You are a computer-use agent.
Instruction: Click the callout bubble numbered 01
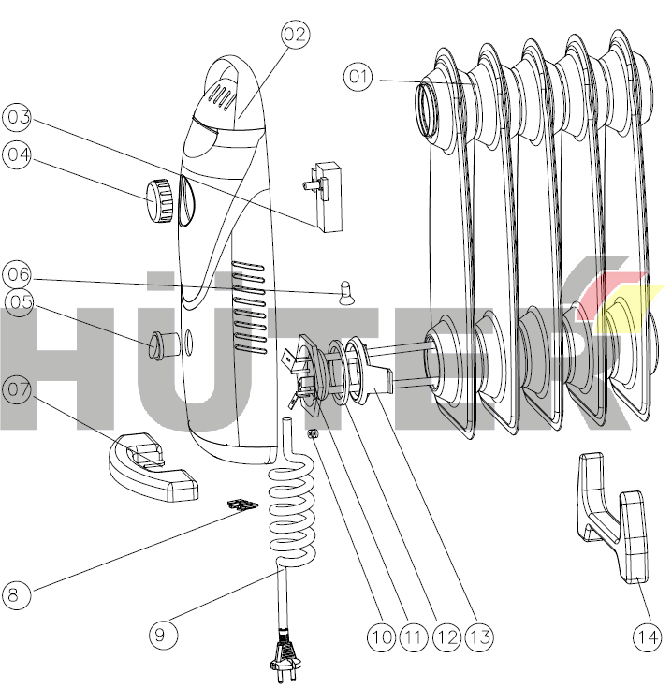tap(358, 77)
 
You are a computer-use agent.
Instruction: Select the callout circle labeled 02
tap(295, 35)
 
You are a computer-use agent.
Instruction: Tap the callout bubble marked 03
tap(17, 118)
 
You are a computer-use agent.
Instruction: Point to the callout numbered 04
tap(17, 154)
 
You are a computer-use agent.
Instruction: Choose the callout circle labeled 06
tap(17, 274)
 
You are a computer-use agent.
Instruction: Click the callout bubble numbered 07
tap(17, 389)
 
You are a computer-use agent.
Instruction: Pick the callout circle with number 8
tap(16, 594)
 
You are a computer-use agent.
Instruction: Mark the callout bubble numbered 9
tap(163, 635)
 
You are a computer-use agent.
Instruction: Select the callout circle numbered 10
tap(381, 637)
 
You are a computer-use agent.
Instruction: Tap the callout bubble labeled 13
tap(479, 637)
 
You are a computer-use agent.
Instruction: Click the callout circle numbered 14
tap(647, 637)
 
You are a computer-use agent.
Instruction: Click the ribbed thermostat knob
tap(158, 201)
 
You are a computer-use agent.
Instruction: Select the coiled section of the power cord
tap(291, 512)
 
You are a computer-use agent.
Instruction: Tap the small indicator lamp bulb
tap(346, 293)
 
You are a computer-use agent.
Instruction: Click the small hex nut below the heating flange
tap(314, 434)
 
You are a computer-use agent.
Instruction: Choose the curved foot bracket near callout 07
tap(153, 467)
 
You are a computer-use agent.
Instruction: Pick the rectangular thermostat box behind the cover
tap(325, 197)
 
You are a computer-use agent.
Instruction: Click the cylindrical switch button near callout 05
tap(163, 345)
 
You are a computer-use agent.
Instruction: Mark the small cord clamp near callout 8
tap(242, 505)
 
